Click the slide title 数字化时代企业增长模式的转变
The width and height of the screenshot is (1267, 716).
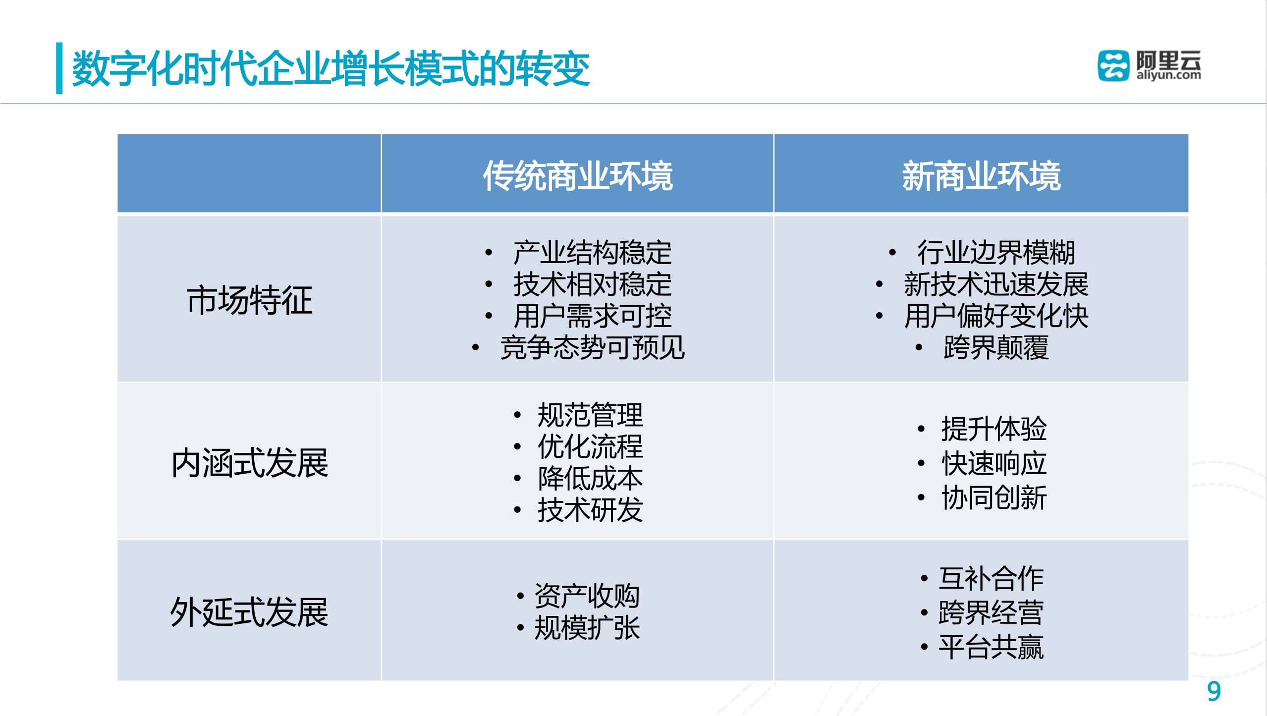[x=331, y=68]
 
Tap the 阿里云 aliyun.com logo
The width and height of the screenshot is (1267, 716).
[x=1149, y=65]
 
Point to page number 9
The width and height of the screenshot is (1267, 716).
[x=1213, y=691]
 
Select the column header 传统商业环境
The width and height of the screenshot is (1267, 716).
[x=578, y=175]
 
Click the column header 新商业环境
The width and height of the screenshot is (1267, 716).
[x=981, y=175]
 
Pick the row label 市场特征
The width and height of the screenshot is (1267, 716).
[x=249, y=300]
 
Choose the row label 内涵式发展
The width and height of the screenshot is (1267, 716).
[x=249, y=463]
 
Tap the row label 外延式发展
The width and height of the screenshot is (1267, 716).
[x=249, y=612]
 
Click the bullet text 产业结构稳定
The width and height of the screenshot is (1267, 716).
[x=592, y=253]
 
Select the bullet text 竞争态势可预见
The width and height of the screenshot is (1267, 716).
[x=592, y=347]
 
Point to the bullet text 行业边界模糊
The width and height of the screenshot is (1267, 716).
[x=996, y=253]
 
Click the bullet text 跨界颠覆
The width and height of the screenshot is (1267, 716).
[x=996, y=347]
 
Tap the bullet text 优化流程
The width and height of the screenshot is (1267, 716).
[x=590, y=446]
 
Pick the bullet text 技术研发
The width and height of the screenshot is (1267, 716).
[x=590, y=510]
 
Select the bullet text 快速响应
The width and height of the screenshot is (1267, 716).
[x=994, y=463]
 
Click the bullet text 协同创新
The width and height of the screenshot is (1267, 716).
[x=994, y=497]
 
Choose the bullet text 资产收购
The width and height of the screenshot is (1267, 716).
[x=587, y=596]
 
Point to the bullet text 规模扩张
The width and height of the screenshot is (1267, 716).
[x=587, y=628]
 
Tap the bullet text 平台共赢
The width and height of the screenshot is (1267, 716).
[x=991, y=647]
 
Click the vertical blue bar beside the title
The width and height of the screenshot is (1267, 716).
[x=59, y=68]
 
